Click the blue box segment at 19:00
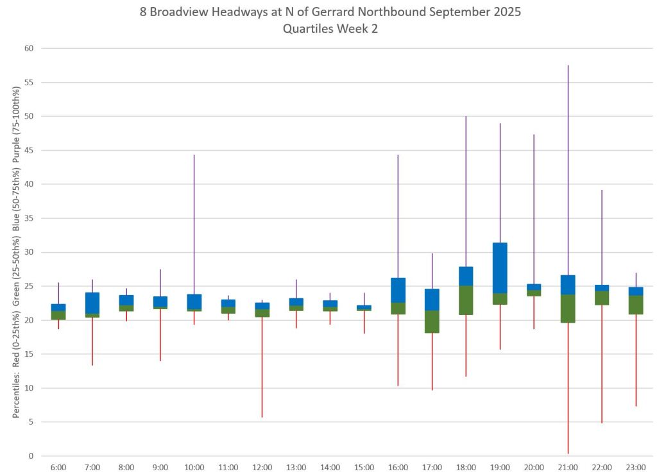[x=500, y=268]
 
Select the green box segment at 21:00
[x=568, y=308]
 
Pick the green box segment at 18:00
[x=466, y=300]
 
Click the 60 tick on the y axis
[x=29, y=48]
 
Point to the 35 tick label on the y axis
[x=29, y=218]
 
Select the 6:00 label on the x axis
[x=58, y=468]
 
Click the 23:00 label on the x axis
[x=636, y=468]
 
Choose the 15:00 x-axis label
[x=364, y=468]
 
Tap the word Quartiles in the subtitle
[x=306, y=29]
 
